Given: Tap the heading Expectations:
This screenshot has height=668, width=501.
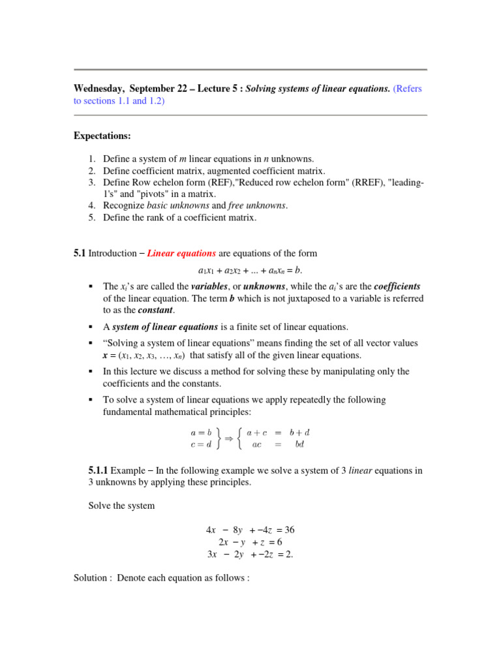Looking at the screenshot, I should coord(102,136).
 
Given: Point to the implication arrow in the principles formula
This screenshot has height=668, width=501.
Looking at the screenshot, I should coord(229,438).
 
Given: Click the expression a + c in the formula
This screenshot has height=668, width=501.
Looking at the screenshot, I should coord(260,432).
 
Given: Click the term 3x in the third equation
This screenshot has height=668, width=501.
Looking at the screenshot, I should coord(211,554).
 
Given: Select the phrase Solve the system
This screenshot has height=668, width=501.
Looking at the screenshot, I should coord(121,506).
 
